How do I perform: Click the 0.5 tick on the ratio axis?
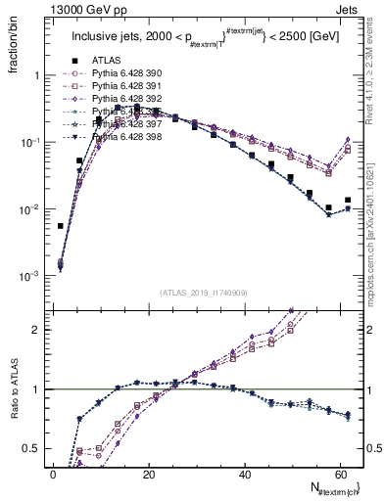pyautogui.click(x=33, y=448)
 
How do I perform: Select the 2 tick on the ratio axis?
pyautogui.click(x=37, y=329)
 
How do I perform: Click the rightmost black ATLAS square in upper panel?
pyautogui.click(x=348, y=200)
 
